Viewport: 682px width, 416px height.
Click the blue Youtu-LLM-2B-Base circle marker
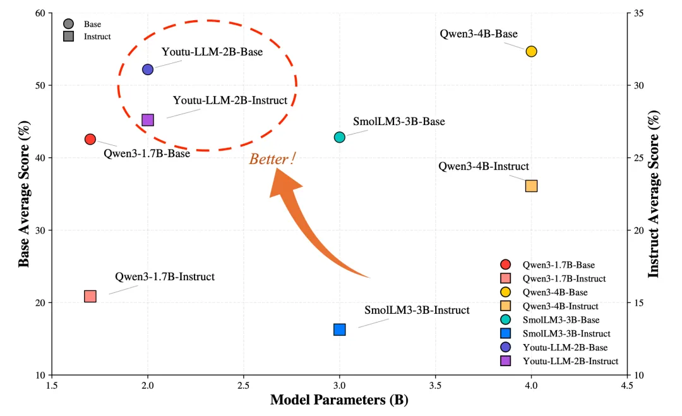pyautogui.click(x=148, y=69)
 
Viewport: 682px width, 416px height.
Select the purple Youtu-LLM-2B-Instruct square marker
pyautogui.click(x=148, y=120)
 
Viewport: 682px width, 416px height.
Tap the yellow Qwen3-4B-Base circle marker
pyautogui.click(x=531, y=51)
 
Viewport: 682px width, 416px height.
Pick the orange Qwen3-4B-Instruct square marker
pyautogui.click(x=531, y=186)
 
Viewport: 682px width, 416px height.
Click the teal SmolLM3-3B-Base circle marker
pyautogui.click(x=340, y=137)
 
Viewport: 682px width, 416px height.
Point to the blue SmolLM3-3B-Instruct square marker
pyautogui.click(x=340, y=330)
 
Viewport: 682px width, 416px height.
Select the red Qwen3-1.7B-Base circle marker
pyautogui.click(x=90, y=139)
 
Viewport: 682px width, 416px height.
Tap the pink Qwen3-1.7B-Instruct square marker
pyautogui.click(x=90, y=296)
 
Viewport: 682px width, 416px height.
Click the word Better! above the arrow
pyautogui.click(x=272, y=159)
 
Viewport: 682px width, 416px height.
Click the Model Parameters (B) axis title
pyautogui.click(x=339, y=400)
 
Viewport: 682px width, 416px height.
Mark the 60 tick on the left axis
pyautogui.click(x=41, y=13)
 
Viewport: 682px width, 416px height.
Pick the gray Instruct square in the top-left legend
pyautogui.click(x=68, y=37)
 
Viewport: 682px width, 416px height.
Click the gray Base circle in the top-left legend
pyautogui.click(x=68, y=24)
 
